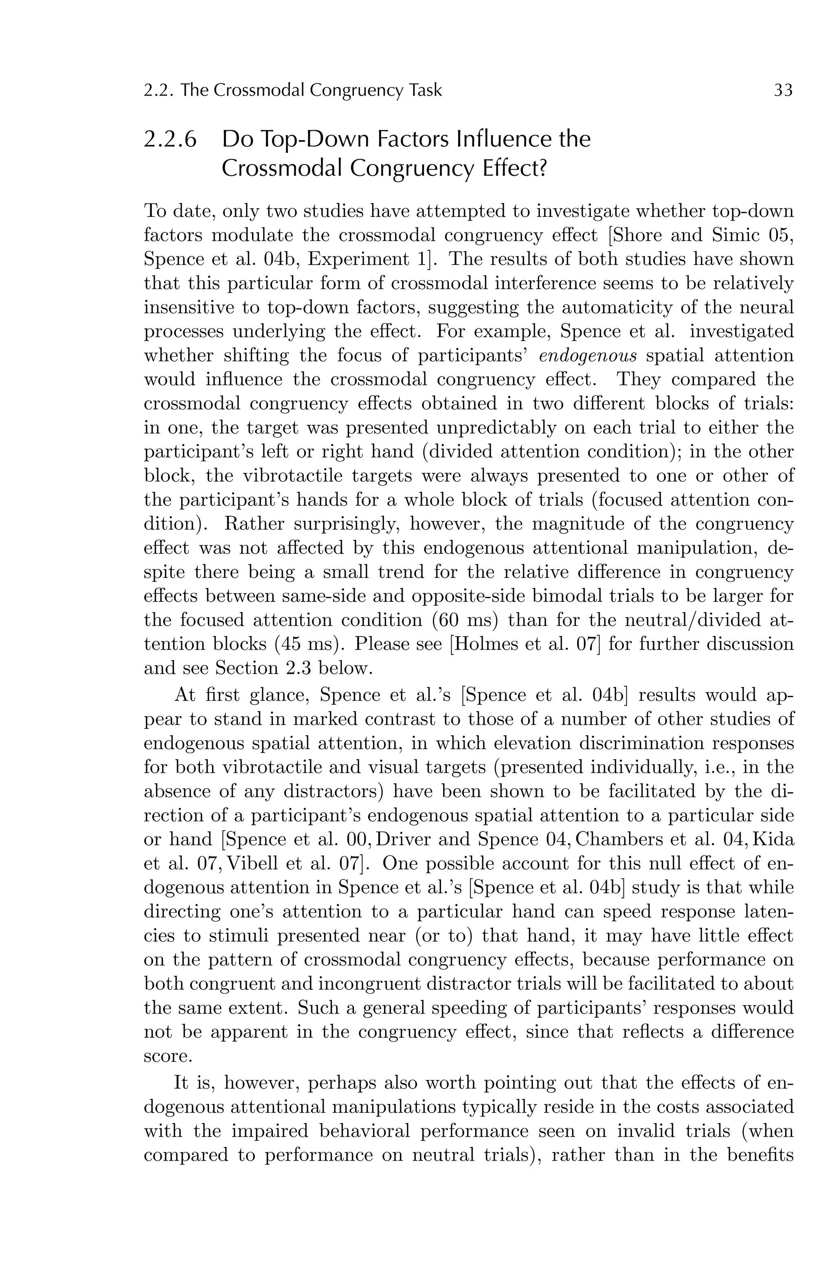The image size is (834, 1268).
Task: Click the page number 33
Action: [x=783, y=91]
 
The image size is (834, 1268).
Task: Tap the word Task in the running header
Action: [x=426, y=91]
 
